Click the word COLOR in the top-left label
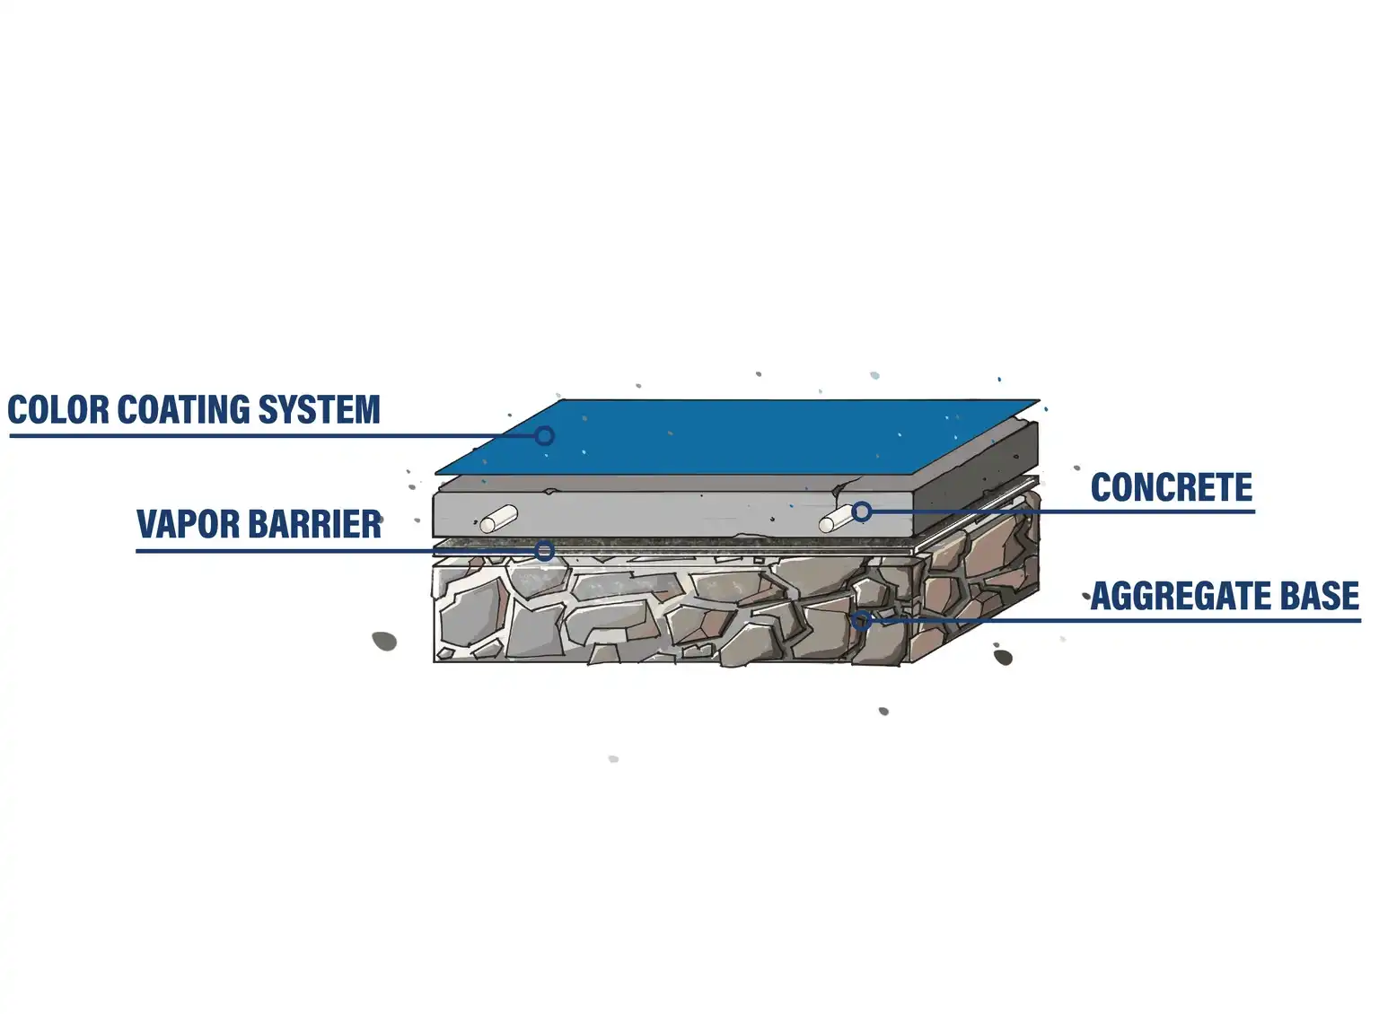pos(58,410)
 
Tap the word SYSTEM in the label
pos(320,410)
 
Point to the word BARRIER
pos(314,525)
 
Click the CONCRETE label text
pos(1171,488)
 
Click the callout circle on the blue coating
pos(544,436)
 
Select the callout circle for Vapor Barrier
pos(544,551)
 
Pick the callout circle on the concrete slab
pos(861,511)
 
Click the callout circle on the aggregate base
pos(861,620)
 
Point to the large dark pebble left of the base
pos(384,641)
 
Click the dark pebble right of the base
pos(1003,657)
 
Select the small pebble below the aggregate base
pos(883,712)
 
